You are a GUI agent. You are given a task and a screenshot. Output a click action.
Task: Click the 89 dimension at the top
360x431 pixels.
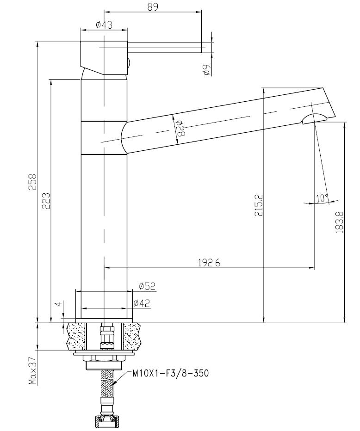tap(153, 6)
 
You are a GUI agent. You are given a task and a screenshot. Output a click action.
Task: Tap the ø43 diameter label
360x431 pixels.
tap(104, 25)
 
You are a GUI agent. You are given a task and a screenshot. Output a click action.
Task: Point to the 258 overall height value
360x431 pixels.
tap(32, 181)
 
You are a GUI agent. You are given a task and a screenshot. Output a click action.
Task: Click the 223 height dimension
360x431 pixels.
tap(46, 201)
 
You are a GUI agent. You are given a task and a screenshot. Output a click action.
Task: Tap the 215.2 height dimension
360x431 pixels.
tap(259, 205)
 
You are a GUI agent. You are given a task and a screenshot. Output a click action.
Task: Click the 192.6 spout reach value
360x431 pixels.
tap(209, 263)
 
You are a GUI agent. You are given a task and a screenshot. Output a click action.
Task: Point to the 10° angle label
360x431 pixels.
tap(322, 198)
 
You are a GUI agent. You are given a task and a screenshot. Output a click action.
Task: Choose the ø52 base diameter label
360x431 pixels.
tap(147, 286)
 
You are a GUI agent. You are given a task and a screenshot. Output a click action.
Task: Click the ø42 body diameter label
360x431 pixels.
tap(142, 303)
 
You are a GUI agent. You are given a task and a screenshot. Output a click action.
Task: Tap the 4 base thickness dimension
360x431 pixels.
tap(58, 304)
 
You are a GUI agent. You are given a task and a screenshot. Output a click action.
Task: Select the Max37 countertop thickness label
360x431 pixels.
tap(33, 370)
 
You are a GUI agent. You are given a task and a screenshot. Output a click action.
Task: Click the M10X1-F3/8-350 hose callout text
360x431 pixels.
tap(170, 373)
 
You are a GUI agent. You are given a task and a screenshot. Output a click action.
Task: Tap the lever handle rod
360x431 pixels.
tap(165, 48)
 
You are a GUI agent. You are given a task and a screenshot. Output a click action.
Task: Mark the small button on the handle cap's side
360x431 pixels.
tap(129, 63)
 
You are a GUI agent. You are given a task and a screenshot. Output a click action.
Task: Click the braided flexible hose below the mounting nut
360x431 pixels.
tap(107, 387)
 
